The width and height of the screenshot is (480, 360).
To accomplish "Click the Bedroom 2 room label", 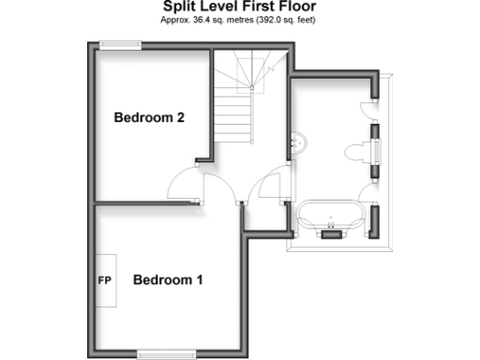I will click(x=148, y=118).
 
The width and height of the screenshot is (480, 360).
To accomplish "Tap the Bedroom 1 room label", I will click(x=168, y=279).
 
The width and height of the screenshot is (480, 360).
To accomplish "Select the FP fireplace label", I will click(x=104, y=280).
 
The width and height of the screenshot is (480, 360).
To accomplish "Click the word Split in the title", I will click(x=179, y=7).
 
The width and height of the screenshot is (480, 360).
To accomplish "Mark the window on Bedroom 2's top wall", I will click(x=121, y=43).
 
